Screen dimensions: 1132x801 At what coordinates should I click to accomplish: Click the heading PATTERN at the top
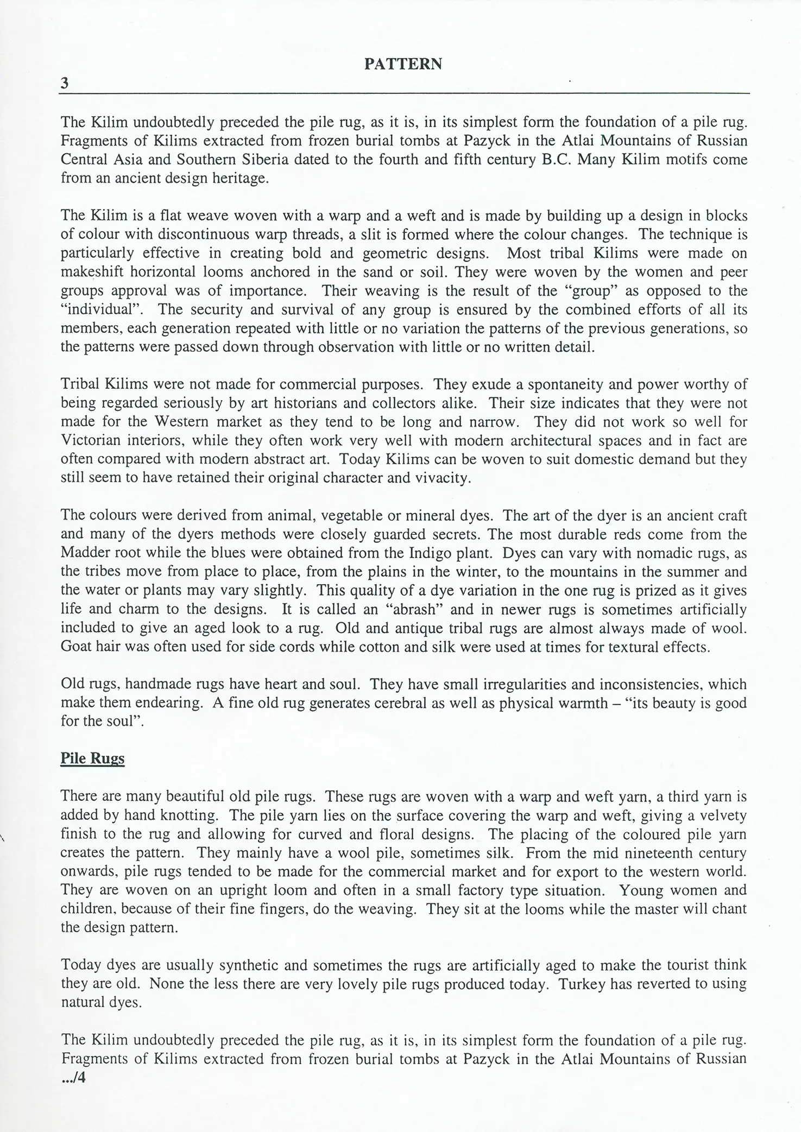pyautogui.click(x=403, y=65)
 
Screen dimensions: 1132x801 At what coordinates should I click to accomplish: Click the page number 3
pyautogui.click(x=65, y=84)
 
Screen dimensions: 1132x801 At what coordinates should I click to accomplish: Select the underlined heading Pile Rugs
pyautogui.click(x=92, y=758)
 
